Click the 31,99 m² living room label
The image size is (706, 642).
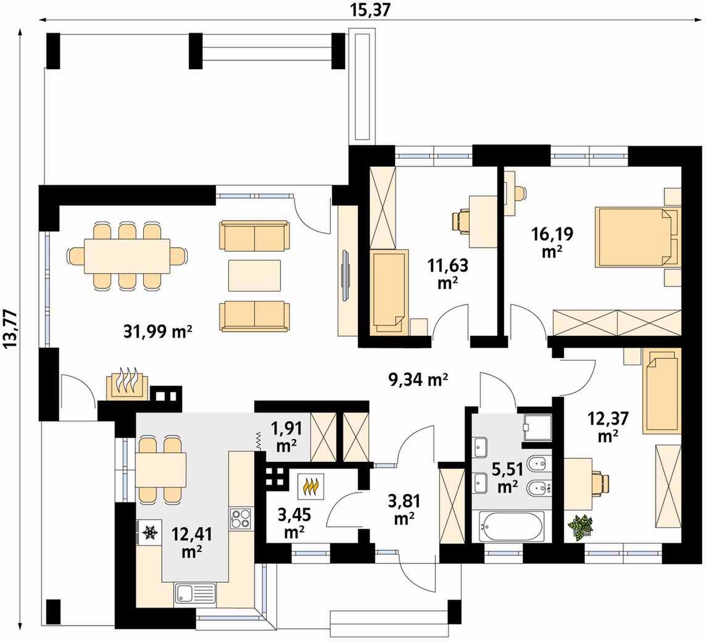tap(157, 332)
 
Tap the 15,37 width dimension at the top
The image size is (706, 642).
tap(369, 10)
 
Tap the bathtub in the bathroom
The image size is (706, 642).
tap(511, 527)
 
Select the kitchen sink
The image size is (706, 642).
tap(196, 594)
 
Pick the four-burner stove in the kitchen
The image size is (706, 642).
tap(241, 518)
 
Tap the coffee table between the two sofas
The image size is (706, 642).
tap(254, 275)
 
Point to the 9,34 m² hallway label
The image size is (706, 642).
tap(418, 380)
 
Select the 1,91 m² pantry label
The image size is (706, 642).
tap(286, 436)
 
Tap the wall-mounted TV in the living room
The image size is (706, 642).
tap(345, 274)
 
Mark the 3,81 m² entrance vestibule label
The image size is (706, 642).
tap(404, 509)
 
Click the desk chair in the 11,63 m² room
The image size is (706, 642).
tap(460, 222)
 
